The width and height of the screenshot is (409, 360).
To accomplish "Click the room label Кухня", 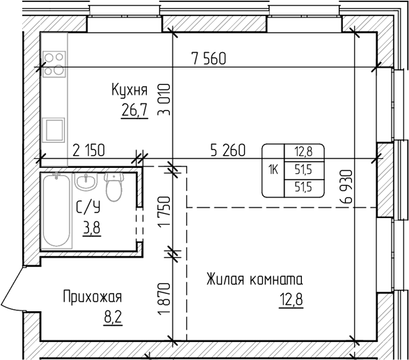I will click(x=129, y=90).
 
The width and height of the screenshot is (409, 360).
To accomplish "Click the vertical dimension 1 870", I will click(x=165, y=298).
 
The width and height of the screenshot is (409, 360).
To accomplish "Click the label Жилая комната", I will click(x=254, y=281).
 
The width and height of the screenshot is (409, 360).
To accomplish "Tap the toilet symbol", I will click(x=113, y=186).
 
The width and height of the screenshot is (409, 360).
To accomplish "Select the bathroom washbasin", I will click(x=87, y=182).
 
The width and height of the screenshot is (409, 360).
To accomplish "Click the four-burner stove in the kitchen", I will click(x=54, y=63).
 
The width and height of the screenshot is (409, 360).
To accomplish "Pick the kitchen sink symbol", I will click(x=54, y=130).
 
